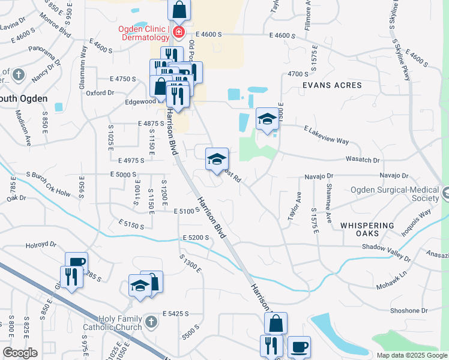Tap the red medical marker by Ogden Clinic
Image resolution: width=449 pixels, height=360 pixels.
[178, 32]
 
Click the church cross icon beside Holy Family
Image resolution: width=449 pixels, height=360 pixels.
[151, 323]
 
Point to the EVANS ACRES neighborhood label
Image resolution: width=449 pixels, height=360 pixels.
[332, 85]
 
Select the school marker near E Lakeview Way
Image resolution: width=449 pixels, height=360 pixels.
[267, 118]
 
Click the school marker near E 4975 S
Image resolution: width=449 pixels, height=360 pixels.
[217, 158]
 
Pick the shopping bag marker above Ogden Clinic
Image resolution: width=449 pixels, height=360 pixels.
[179, 10]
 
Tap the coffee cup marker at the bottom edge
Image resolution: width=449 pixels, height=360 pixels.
[299, 347]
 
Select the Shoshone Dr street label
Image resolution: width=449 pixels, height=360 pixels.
[408, 310]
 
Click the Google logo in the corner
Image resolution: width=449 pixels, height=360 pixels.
[20, 352]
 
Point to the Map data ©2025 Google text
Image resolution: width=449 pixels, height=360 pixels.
[412, 355]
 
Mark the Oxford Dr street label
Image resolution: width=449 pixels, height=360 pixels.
[100, 93]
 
